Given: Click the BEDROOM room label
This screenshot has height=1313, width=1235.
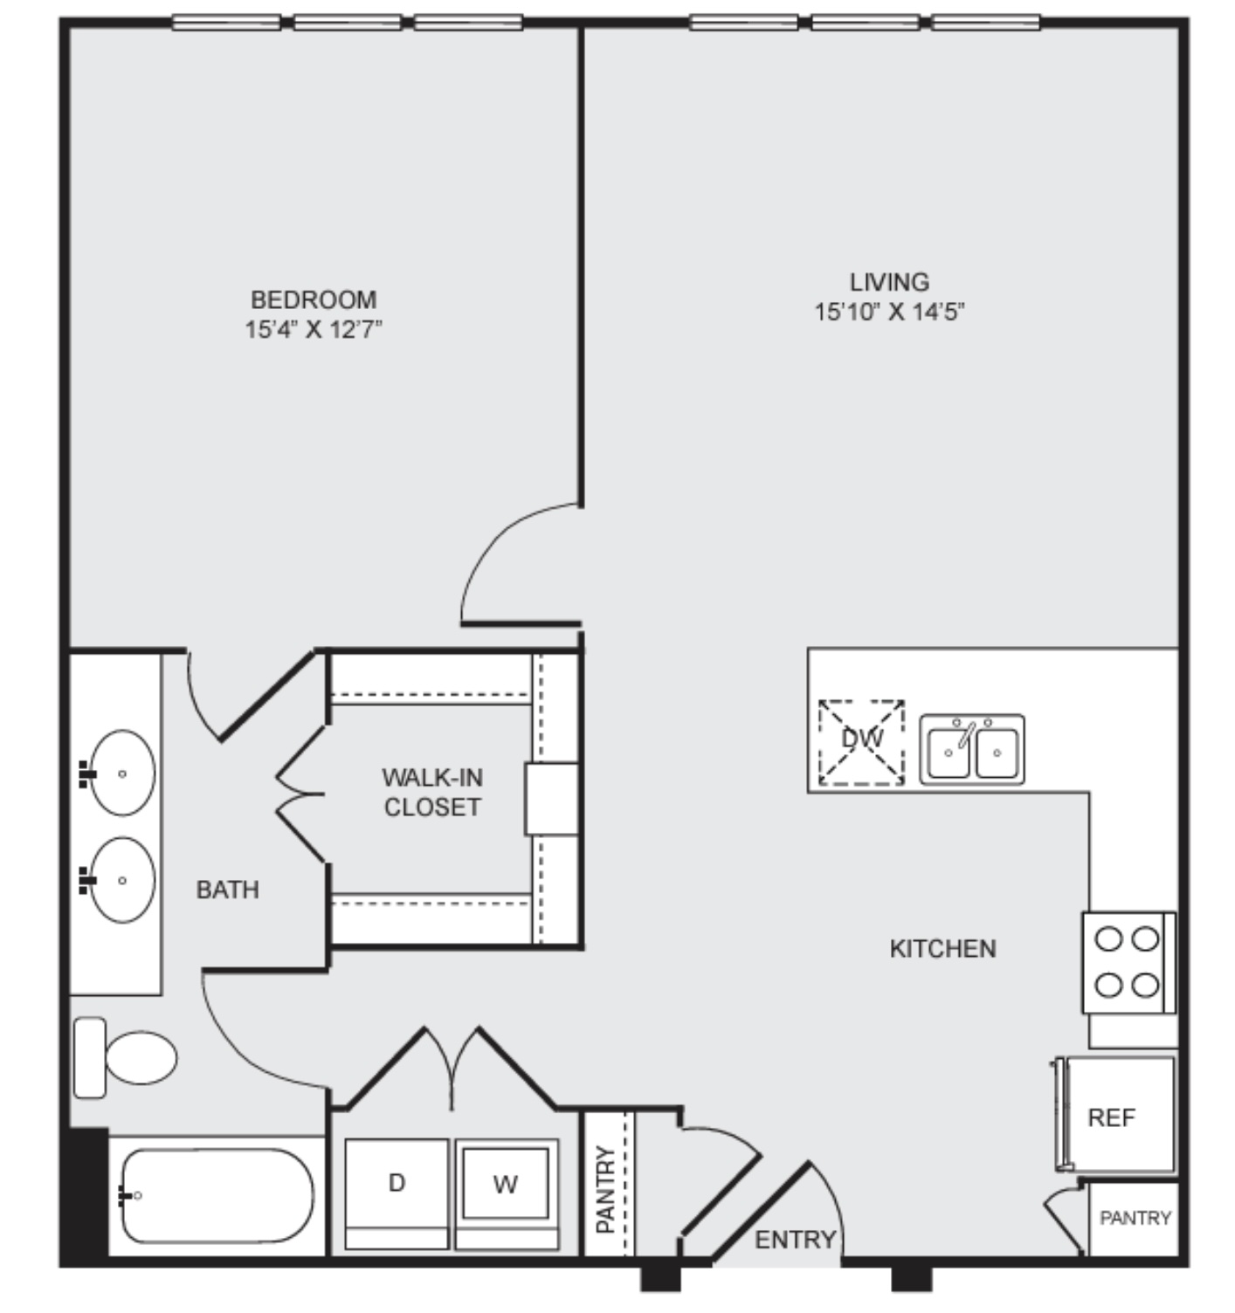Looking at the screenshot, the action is [x=314, y=299].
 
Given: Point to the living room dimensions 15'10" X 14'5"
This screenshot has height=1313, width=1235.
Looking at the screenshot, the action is [x=889, y=312].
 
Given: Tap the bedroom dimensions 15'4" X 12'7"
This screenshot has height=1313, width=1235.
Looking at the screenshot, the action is [x=314, y=328].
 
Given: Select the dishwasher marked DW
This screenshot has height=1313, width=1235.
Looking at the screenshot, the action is [x=861, y=742].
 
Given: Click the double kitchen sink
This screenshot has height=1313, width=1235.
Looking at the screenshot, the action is [x=972, y=749].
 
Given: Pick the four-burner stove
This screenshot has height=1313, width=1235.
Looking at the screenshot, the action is [x=1128, y=963].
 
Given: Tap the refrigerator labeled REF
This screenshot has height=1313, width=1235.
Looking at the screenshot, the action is [x=1114, y=1115].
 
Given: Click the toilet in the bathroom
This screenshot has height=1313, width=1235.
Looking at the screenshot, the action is [x=125, y=1058].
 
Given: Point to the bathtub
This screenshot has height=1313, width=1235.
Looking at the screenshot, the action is [x=217, y=1195].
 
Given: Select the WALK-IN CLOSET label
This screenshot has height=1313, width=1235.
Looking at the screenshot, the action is [x=432, y=792].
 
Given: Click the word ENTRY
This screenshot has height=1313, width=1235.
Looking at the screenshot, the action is [x=795, y=1241].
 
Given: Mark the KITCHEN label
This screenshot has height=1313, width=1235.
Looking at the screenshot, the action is [x=942, y=949].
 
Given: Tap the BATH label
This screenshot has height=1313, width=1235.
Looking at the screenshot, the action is [x=228, y=890].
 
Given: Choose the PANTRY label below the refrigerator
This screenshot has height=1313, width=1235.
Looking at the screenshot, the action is [x=1135, y=1219].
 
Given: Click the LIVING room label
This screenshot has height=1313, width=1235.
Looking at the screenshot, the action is [x=889, y=282].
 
